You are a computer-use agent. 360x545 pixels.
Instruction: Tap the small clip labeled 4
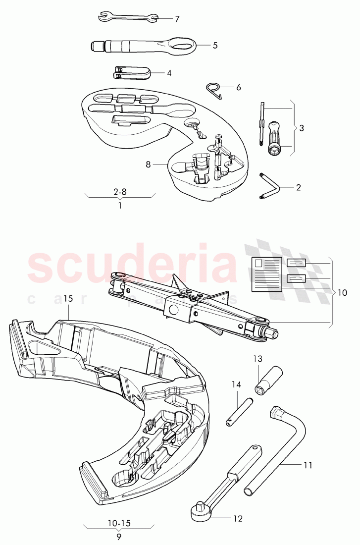131,72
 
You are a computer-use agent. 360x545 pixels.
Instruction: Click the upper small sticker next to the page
296,264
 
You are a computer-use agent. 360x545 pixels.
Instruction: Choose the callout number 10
342,293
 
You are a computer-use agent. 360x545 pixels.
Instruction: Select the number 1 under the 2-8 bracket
119,205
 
